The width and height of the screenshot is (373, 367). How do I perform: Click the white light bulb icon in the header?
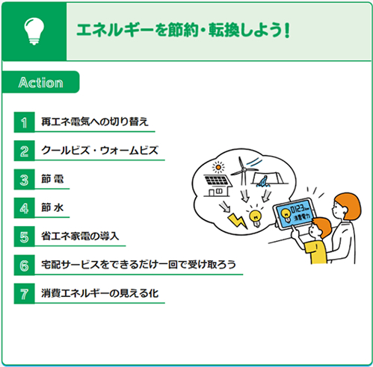[x=34, y=31]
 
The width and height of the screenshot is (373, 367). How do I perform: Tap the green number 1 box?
[x=24, y=122]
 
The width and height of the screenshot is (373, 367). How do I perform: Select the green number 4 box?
[x=24, y=207]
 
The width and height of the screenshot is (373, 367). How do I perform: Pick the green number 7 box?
[x=24, y=293]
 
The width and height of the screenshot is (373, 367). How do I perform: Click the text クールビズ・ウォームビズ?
[x=99, y=151]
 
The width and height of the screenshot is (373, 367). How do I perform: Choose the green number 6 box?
[x=24, y=265]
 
